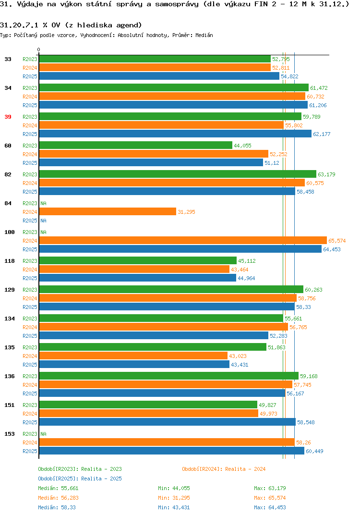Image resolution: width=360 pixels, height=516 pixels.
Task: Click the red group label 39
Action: click(x=8, y=117)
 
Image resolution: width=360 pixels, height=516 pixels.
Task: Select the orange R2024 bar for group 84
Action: click(x=108, y=211)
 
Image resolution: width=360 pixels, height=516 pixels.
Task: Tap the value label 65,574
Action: click(x=337, y=241)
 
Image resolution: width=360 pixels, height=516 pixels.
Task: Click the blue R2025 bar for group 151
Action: click(x=168, y=422)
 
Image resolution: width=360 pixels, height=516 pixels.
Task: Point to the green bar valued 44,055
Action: click(x=136, y=145)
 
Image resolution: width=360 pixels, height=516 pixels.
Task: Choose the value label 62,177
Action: click(x=322, y=134)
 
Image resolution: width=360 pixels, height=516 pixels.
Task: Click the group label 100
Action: click(x=10, y=233)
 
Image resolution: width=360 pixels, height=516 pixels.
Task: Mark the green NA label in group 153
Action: click(x=43, y=434)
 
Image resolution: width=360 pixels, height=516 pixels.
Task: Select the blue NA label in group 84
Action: click(x=43, y=221)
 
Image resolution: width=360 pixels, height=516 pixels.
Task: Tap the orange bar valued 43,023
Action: click(x=133, y=356)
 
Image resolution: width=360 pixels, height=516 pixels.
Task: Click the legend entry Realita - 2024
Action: click(x=224, y=469)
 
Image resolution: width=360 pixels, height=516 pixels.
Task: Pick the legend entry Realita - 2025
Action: click(x=80, y=479)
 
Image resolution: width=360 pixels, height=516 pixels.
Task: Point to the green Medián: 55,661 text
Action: click(x=58, y=488)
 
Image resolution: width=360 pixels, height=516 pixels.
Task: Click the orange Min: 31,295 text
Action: click(x=174, y=498)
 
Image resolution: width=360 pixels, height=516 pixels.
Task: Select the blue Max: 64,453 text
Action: click(x=270, y=507)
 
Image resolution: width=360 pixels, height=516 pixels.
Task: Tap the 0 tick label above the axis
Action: click(x=39, y=49)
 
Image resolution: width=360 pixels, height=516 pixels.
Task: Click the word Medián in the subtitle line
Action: click(x=204, y=35)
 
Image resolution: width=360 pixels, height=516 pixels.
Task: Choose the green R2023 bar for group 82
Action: click(x=178, y=174)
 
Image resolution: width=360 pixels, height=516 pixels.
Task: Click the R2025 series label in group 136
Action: click(x=30, y=393)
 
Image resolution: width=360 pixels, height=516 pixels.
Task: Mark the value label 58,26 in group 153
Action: click(x=303, y=442)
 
